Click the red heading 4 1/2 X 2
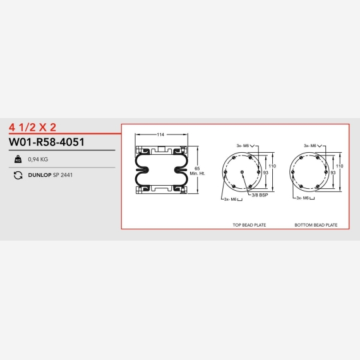(x=32, y=127)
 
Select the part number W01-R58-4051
(x=47, y=142)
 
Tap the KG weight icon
(x=18, y=159)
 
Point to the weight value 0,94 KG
(x=38, y=159)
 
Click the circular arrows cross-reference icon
(x=18, y=175)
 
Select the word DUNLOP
(x=40, y=175)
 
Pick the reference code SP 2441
(x=63, y=175)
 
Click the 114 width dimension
(x=160, y=135)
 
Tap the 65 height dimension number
(x=197, y=169)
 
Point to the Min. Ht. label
(x=197, y=174)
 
